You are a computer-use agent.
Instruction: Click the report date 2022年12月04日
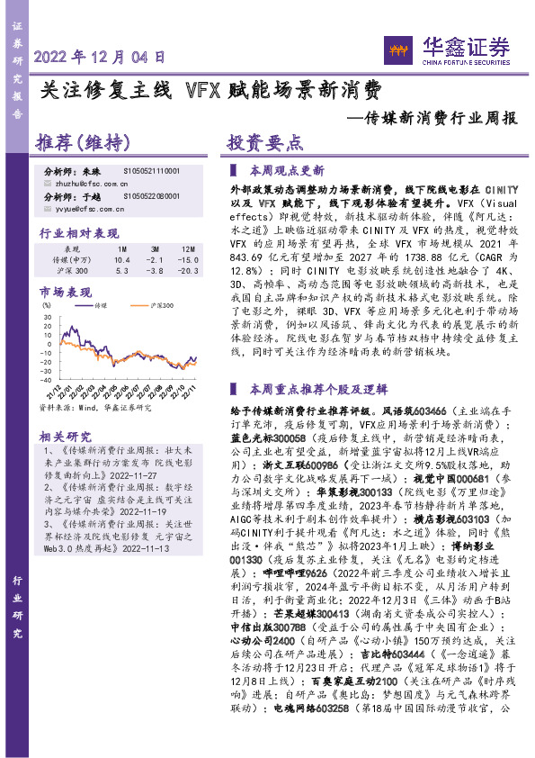[100, 56]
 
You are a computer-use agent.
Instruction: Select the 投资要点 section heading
[263, 143]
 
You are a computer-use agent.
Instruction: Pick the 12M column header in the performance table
[187, 248]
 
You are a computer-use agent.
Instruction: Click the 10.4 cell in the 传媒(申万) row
[122, 258]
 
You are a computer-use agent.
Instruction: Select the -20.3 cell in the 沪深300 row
[187, 269]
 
